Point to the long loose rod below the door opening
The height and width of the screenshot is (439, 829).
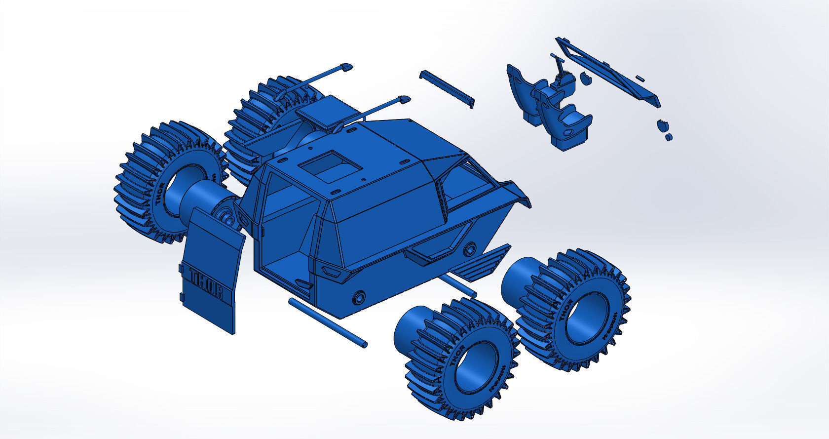[x=327, y=322]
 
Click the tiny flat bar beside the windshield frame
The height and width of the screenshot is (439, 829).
[x=640, y=78]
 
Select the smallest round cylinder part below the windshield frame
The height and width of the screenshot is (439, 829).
[x=669, y=137]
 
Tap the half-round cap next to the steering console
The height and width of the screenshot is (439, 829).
[x=585, y=78]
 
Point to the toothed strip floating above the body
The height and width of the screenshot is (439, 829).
[x=447, y=88]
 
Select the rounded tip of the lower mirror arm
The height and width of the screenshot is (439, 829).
[x=404, y=99]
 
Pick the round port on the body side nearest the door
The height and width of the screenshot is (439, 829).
[x=359, y=297]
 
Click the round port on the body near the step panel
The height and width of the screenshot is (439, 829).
[x=470, y=247]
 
